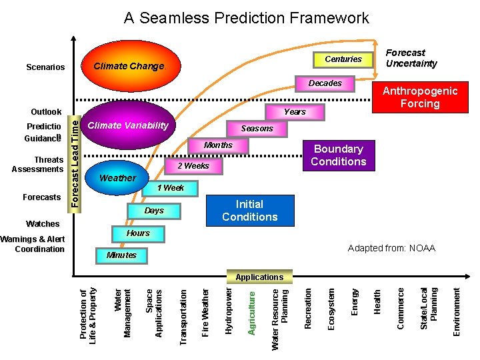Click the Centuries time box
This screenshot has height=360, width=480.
343,59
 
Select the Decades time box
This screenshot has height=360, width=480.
325,83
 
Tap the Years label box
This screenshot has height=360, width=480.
295,112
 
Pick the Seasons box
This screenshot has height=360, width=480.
257,128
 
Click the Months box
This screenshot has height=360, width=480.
218,145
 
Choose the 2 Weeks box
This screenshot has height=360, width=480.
193,166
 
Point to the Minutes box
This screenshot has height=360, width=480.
121,255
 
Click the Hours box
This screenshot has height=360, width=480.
138,233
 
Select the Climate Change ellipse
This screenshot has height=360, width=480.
128,66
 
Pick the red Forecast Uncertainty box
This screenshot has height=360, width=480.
411,58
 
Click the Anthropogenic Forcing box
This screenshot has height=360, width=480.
419,97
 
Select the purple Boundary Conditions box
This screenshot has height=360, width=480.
339,155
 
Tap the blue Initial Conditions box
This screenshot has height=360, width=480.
249,211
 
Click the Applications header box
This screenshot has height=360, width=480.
259,277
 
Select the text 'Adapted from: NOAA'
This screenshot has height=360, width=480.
391,249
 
